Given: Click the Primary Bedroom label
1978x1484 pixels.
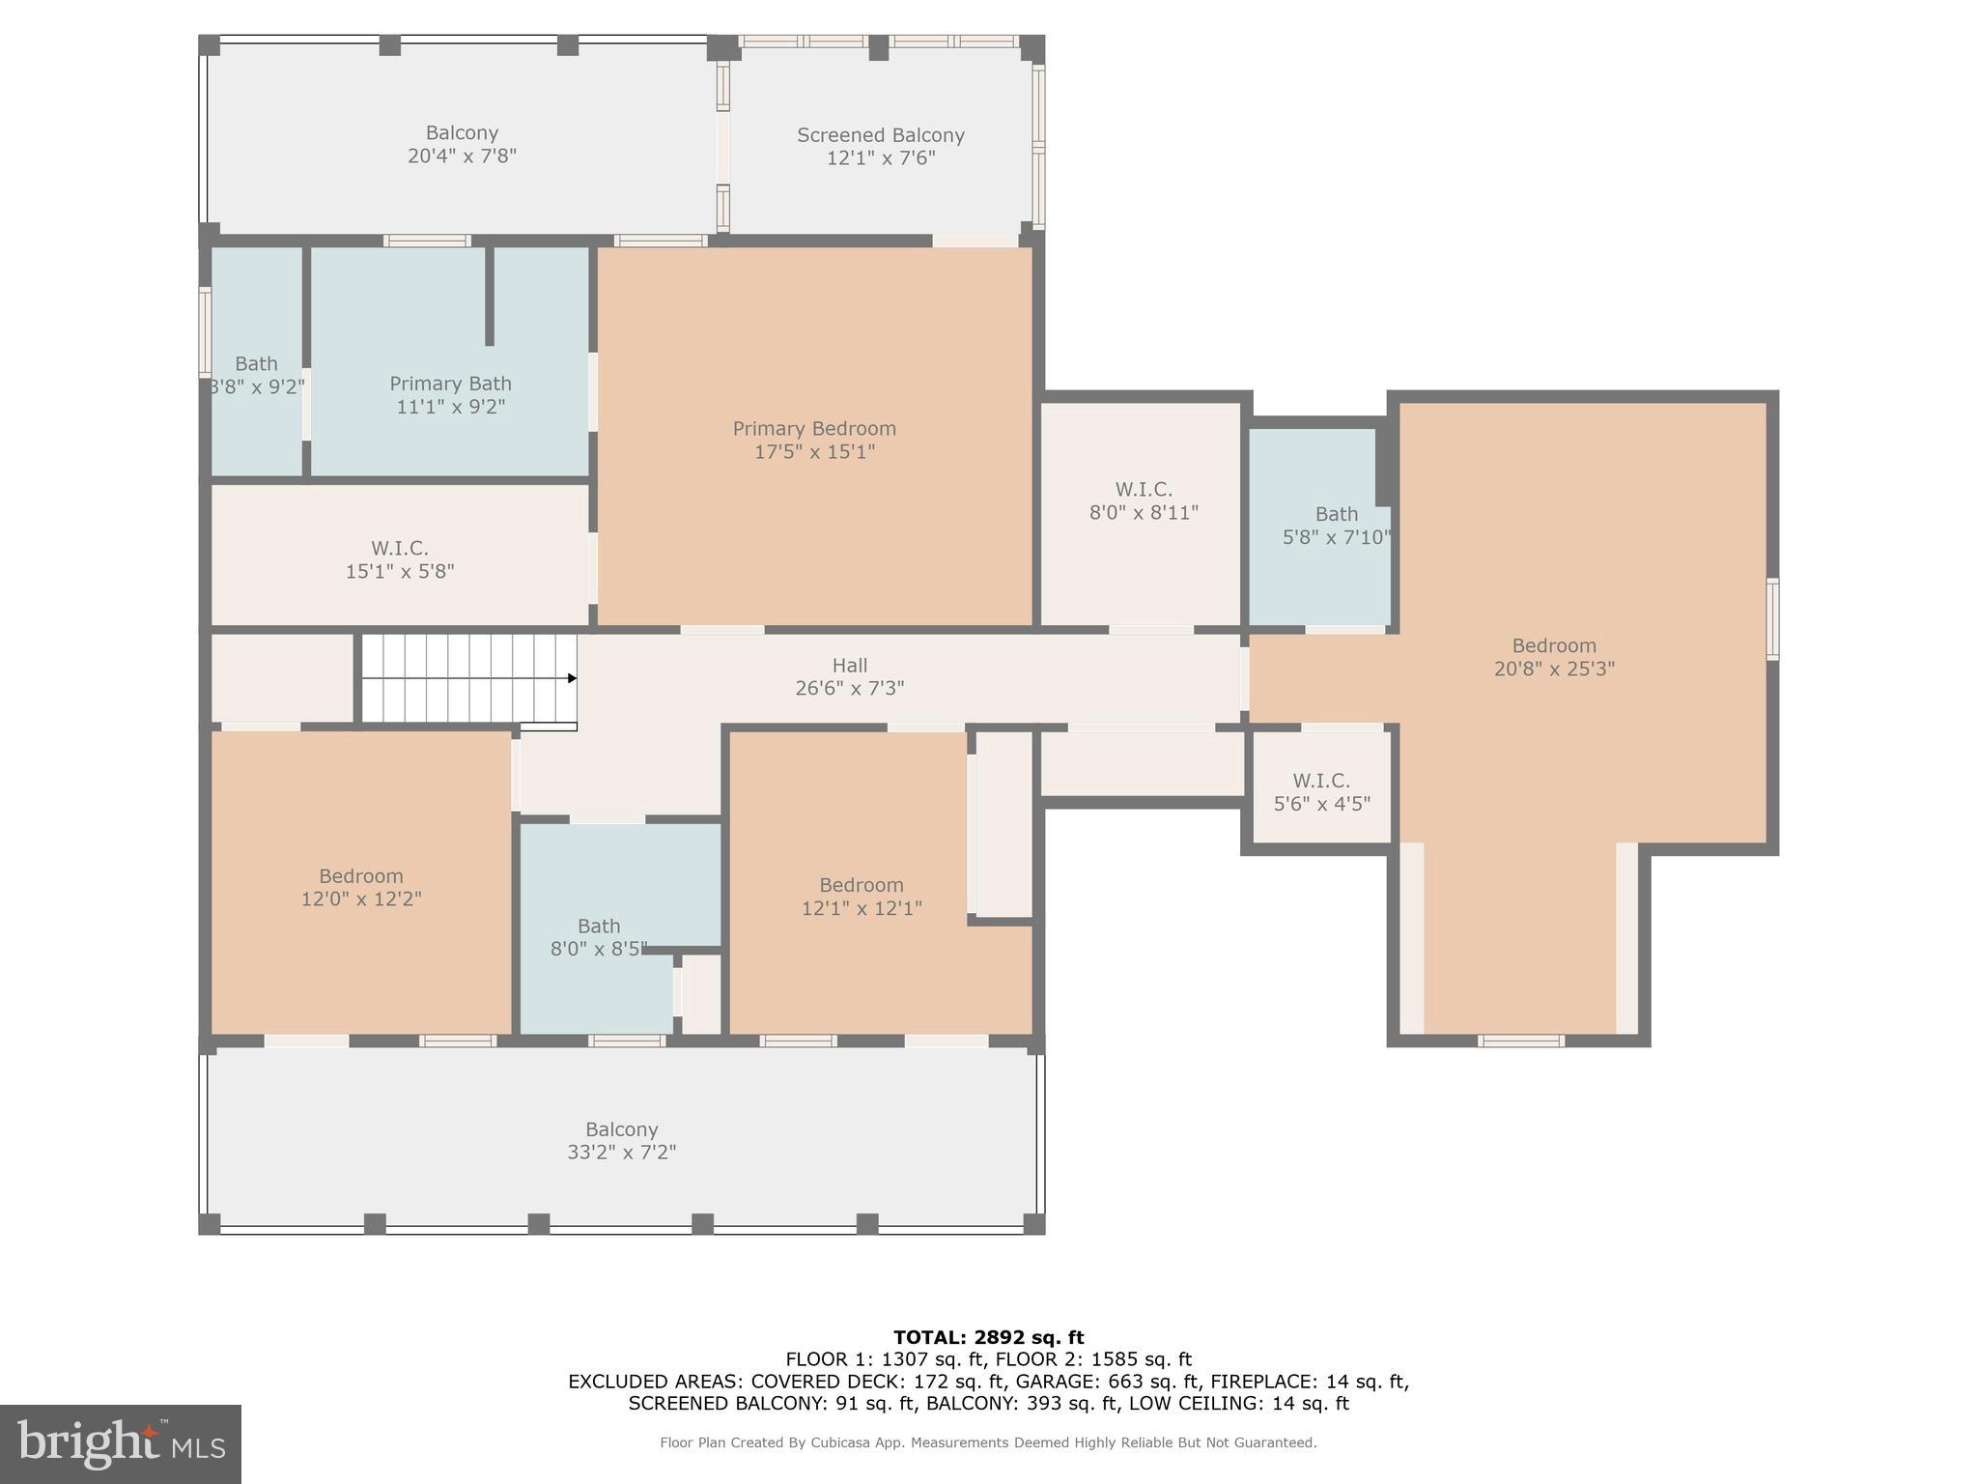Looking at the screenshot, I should [814, 428].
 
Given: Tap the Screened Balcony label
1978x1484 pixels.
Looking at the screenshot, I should [880, 135].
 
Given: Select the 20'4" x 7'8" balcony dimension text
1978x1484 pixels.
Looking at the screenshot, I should [462, 156].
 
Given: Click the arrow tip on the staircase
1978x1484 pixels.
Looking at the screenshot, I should [573, 678].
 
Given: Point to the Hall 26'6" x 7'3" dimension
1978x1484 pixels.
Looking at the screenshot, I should [849, 688].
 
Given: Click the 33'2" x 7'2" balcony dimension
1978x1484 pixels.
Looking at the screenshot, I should [621, 1152].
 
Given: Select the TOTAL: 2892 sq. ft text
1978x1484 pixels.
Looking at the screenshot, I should [988, 1337].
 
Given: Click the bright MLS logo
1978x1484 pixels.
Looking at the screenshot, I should [120, 1443].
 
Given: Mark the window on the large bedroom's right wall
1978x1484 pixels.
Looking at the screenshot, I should [1772, 619].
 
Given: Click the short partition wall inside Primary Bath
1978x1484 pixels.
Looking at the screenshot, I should [490, 296].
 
